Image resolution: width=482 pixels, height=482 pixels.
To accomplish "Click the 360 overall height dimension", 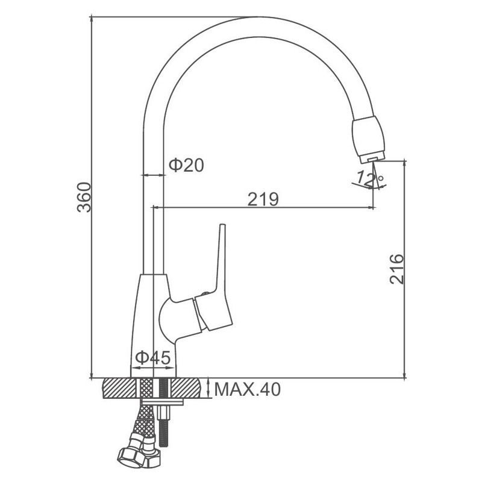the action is (x=84, y=198).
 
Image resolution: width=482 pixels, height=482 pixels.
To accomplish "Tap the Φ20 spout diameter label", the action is (x=186, y=165).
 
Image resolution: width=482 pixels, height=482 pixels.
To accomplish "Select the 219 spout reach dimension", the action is (x=263, y=199).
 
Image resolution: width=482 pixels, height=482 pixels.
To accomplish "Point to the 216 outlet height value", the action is (x=396, y=269).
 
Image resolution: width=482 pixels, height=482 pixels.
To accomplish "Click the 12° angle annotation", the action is (x=369, y=179).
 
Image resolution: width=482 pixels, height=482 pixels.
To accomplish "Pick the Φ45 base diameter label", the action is (x=153, y=357).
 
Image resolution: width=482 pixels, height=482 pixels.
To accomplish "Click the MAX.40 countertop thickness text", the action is (x=248, y=389).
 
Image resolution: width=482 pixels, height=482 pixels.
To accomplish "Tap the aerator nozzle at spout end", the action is (x=368, y=140).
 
